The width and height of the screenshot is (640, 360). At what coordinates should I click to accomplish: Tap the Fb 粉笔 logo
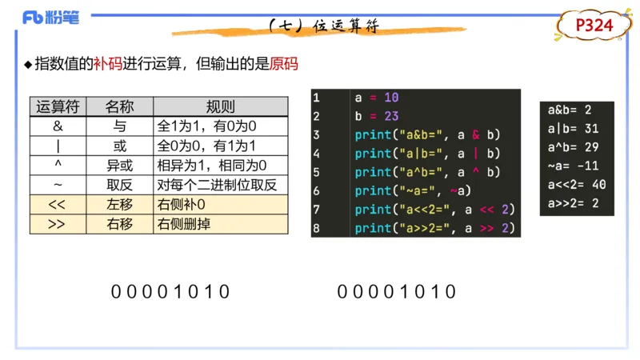point(50,17)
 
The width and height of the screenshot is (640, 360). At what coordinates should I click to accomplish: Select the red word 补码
point(108,63)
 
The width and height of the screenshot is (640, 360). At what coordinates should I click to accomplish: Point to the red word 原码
point(284,63)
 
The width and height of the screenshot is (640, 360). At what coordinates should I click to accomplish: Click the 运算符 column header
point(56,107)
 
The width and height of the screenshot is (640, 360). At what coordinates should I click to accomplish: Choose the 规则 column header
point(220,107)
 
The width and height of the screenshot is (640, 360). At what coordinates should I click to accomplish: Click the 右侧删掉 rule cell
point(184,224)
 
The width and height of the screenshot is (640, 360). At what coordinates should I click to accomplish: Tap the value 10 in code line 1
point(390,98)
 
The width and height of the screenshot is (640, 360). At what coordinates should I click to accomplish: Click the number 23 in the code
point(390,116)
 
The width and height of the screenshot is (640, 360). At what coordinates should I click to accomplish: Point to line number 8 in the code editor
point(317,228)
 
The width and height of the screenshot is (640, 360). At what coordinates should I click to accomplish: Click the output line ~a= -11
point(573,166)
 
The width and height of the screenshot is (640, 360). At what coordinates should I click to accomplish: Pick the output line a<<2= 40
point(576,184)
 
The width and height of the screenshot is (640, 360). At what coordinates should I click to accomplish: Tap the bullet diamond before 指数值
point(27,64)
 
